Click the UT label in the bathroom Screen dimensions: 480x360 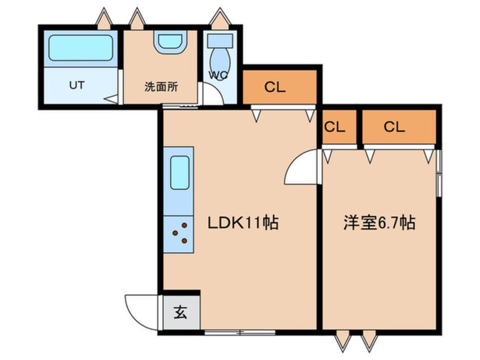[x=77, y=85]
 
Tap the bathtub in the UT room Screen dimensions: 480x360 [x=81, y=48]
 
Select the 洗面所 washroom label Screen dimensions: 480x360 [x=161, y=87]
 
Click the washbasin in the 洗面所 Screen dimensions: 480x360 [x=170, y=42]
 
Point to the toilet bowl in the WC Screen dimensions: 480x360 [x=220, y=61]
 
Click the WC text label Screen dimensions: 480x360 [x=218, y=75]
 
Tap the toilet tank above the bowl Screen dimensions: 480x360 [x=220, y=40]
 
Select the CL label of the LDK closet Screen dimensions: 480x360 [x=275, y=87]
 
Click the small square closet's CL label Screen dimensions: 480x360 [x=335, y=127]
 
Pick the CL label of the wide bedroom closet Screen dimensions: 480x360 [x=394, y=127]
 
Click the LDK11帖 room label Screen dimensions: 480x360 [x=243, y=223]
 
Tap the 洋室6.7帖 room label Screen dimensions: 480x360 [x=379, y=223]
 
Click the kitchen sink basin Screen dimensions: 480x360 [x=180, y=173]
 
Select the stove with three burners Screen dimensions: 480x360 [x=179, y=235]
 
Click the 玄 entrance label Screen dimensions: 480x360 [x=180, y=312]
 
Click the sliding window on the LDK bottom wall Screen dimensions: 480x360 [x=240, y=332]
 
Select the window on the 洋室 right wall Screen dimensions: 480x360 [x=439, y=173]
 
